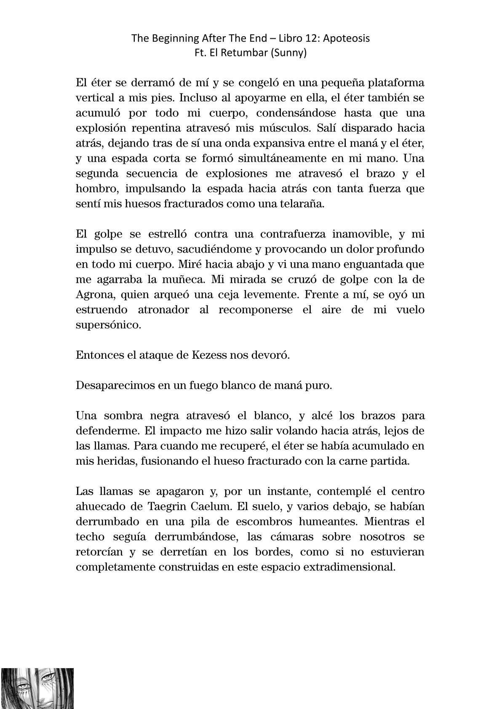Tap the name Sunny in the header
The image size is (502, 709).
291,53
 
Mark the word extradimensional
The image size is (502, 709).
346,567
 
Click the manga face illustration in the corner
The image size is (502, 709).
37,688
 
